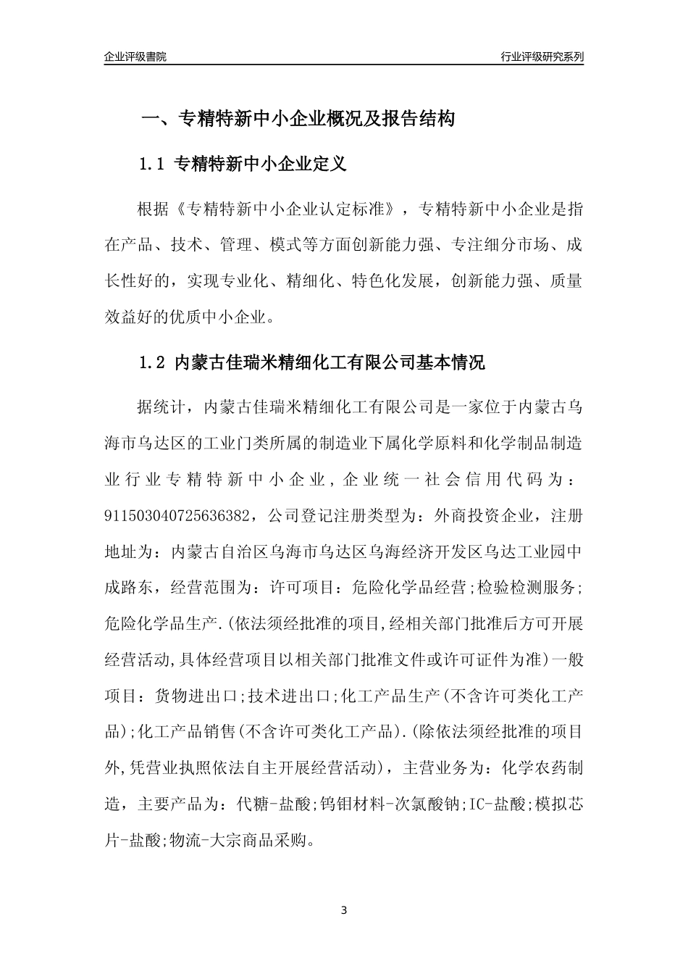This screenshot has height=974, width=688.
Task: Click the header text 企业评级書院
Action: pos(135,57)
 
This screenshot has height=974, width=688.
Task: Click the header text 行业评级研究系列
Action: pos(542,57)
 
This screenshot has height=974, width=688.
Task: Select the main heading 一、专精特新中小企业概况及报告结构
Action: pos(297,119)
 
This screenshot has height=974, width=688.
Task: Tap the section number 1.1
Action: pos(153,165)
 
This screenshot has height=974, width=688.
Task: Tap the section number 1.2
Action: pos(153,362)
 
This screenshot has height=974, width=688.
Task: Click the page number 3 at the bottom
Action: pos(344,910)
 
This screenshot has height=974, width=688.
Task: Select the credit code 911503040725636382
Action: pos(179,516)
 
